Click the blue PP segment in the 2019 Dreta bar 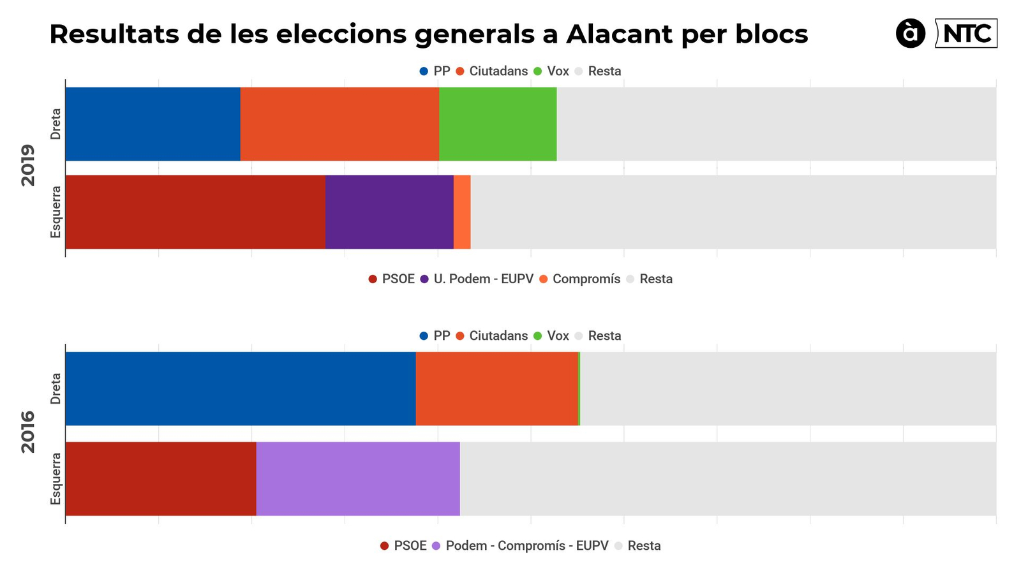point(153,124)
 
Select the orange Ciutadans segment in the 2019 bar point(339,124)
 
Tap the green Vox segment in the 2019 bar point(498,124)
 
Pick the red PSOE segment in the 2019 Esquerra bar point(195,212)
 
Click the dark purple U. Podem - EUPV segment point(389,212)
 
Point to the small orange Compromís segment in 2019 point(462,212)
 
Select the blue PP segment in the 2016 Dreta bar point(241,388)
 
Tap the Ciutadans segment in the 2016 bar point(496,388)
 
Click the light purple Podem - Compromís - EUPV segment point(358,478)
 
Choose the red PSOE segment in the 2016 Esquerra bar point(161,478)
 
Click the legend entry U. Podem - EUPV point(477,279)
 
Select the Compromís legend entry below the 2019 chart point(579,279)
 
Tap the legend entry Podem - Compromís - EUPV point(520,545)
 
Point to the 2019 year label point(28,165)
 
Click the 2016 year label point(28,432)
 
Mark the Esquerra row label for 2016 point(56,478)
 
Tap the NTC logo point(966,34)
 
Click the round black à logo point(911,34)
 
